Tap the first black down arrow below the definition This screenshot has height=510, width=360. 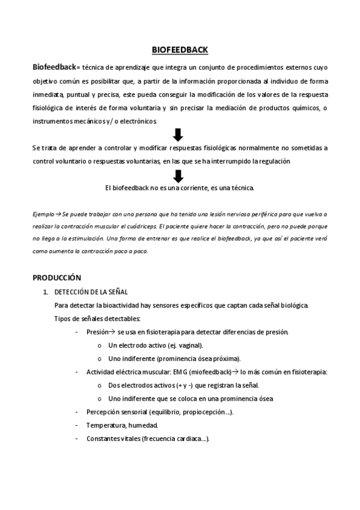point(178,134)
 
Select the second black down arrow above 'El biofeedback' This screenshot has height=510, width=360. point(178,176)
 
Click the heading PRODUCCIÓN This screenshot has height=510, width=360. point(56,278)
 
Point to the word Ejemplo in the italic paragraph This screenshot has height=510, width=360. point(44,214)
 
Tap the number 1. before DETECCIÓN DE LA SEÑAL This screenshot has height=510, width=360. point(45,292)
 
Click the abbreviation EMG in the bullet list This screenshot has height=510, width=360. point(180,372)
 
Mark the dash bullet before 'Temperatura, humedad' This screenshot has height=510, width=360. point(76,425)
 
